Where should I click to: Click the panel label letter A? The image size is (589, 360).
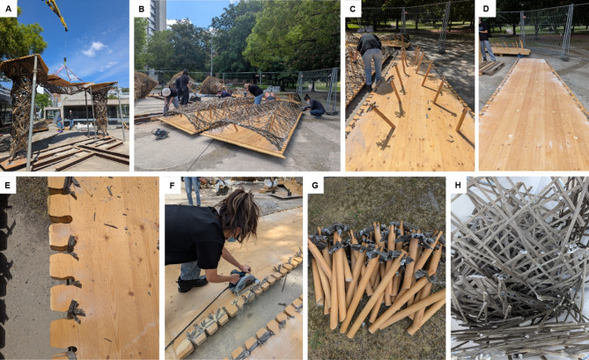pos(8,9)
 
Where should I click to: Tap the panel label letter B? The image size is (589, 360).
pos(141,9)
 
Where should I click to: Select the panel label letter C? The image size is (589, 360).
pos(352,9)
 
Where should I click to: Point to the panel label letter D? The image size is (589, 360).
pos(486,9)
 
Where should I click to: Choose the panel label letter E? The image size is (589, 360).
pos(8,186)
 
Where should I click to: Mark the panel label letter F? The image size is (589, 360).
pos(172,186)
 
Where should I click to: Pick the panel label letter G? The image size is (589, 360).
pos(315,186)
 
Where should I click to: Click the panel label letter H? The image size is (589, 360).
pos(459,186)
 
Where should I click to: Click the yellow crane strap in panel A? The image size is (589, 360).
pos(57,14)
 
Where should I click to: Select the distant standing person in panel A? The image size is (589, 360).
pos(70,119)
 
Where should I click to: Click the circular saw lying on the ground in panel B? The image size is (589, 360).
pos(160,133)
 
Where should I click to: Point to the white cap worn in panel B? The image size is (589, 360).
pos(166,92)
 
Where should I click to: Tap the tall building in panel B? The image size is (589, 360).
pos(157,16)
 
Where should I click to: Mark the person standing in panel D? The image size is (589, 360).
pos(485,40)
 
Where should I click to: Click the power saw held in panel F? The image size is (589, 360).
pos(243,282)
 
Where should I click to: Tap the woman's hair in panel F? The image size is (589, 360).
pos(239,215)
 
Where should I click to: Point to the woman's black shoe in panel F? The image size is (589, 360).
pos(192,284)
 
